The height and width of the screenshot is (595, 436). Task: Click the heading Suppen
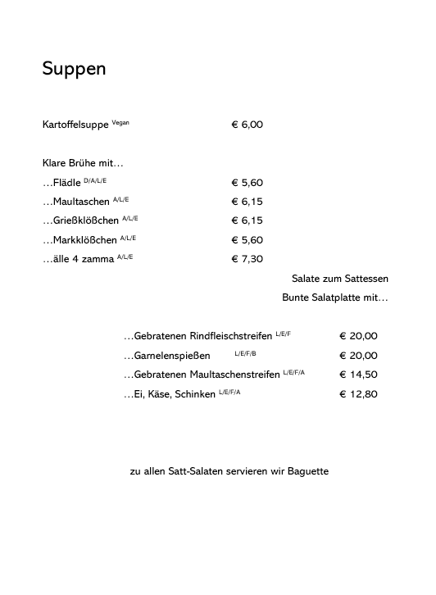tap(74, 70)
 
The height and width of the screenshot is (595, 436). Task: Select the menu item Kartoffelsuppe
tap(75, 125)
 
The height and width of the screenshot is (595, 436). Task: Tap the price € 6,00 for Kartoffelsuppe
tap(247, 125)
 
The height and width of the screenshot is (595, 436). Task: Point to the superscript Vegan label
tap(120, 122)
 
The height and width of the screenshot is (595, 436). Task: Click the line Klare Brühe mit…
tap(82, 163)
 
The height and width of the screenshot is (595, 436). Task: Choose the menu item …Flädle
tap(61, 183)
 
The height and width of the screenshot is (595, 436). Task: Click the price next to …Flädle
tap(247, 183)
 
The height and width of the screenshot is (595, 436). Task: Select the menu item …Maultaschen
tap(75, 202)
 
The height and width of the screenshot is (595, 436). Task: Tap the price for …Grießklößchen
tap(247, 220)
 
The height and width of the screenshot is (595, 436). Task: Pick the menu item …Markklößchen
tap(79, 240)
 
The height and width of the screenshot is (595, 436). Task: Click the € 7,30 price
tap(247, 259)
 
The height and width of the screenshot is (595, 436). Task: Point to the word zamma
tap(98, 259)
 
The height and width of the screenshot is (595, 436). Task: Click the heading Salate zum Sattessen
tap(339, 279)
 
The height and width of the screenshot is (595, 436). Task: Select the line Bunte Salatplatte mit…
tap(334, 297)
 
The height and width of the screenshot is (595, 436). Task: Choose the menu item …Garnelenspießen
tap(167, 356)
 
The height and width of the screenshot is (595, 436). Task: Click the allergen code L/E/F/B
tap(245, 353)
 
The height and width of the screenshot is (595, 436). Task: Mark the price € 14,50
tap(358, 375)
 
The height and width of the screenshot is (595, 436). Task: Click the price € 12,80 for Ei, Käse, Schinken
tap(358, 394)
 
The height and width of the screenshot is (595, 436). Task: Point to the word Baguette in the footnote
tap(306, 471)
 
